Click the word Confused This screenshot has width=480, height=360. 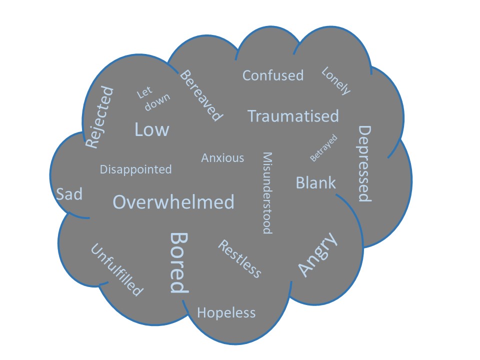coord(273,75)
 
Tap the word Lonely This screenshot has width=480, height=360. coord(336,80)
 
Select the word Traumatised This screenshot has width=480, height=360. coord(293,116)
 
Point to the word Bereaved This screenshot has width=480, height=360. coord(200,95)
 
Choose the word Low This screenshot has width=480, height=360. coord(152,130)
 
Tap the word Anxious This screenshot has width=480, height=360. coord(222,158)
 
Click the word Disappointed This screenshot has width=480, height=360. coord(135,169)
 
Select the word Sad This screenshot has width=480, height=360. coord(69,194)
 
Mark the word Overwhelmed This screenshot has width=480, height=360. coord(173,202)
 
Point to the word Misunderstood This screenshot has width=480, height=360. coord(267,193)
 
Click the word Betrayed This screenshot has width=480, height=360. coord(324,148)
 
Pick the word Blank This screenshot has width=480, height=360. coord(315,182)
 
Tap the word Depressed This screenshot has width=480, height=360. coord(365,163)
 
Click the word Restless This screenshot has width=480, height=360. coord(239,258)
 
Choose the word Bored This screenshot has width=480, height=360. coord(178,262)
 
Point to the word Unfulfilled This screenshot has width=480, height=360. coord(116,269)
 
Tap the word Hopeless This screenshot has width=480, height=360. coord(226,313)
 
